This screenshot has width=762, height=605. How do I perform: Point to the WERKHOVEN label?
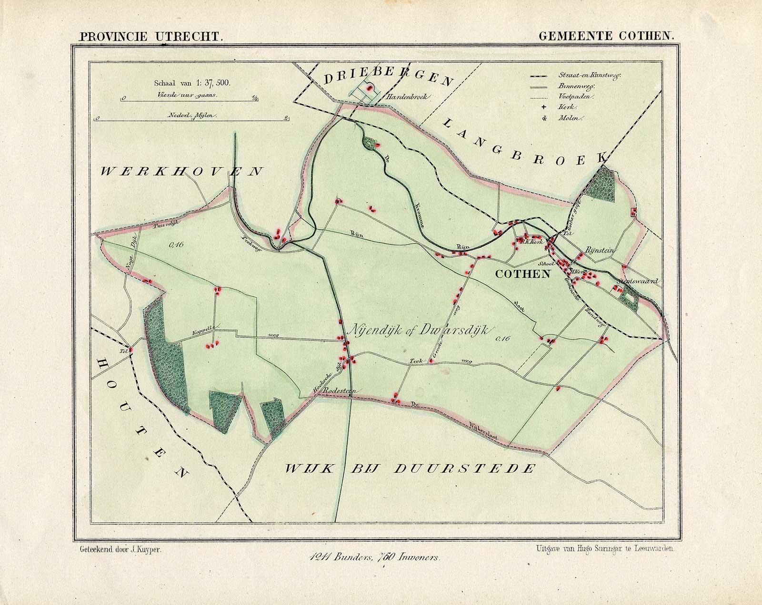click(x=181, y=171)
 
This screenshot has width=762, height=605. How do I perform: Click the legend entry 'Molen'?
click(x=568, y=118)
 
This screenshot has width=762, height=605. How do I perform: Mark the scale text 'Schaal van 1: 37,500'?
click(x=192, y=83)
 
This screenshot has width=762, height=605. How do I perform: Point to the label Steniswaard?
click(x=637, y=282)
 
